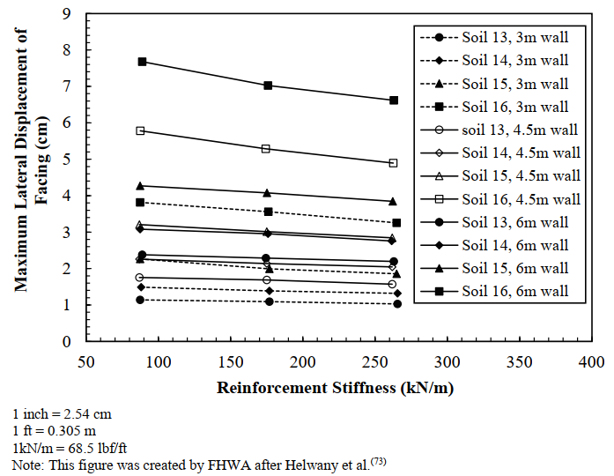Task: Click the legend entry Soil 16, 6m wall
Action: [515, 291]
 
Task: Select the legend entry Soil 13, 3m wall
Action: [515, 38]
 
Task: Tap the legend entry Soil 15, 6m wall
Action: [515, 268]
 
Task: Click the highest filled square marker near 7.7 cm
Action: [142, 62]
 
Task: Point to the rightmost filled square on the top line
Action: [394, 100]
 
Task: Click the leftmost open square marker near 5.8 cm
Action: [140, 130]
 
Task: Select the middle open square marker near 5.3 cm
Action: [267, 149]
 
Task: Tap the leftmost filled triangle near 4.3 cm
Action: [140, 186]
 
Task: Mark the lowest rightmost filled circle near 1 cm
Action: [397, 304]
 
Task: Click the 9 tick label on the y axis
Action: [68, 14]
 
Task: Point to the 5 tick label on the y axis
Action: [68, 160]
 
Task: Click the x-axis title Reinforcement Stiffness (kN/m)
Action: [338, 387]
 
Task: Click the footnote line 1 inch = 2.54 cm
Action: [61, 413]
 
